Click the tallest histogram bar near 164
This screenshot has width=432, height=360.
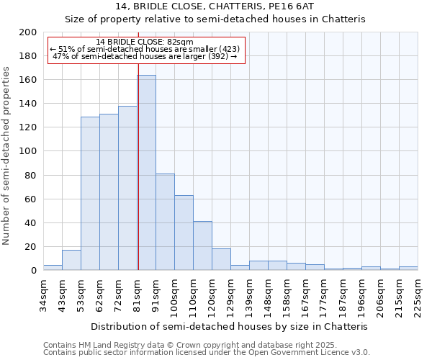click(x=146, y=173)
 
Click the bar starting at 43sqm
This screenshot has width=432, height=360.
click(x=71, y=260)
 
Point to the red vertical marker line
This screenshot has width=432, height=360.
click(x=138, y=180)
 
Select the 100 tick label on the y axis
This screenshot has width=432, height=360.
click(x=28, y=152)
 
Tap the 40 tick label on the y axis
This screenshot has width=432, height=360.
click(x=31, y=223)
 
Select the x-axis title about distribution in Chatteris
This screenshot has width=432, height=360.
click(x=230, y=326)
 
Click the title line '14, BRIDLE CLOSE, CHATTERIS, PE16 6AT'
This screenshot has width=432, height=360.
click(x=215, y=7)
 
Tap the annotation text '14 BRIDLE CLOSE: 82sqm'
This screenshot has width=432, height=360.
click(x=144, y=42)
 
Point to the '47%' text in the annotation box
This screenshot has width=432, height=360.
click(x=60, y=56)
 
